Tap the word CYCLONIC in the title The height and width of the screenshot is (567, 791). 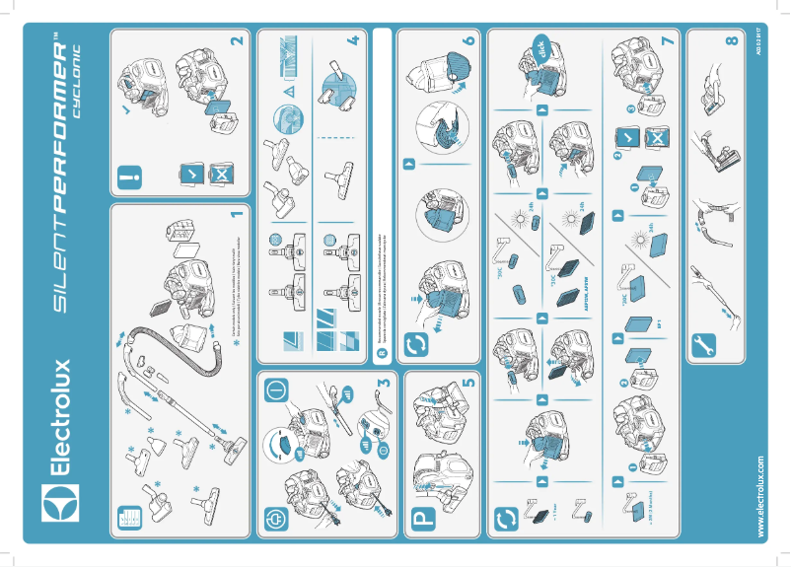80,89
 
